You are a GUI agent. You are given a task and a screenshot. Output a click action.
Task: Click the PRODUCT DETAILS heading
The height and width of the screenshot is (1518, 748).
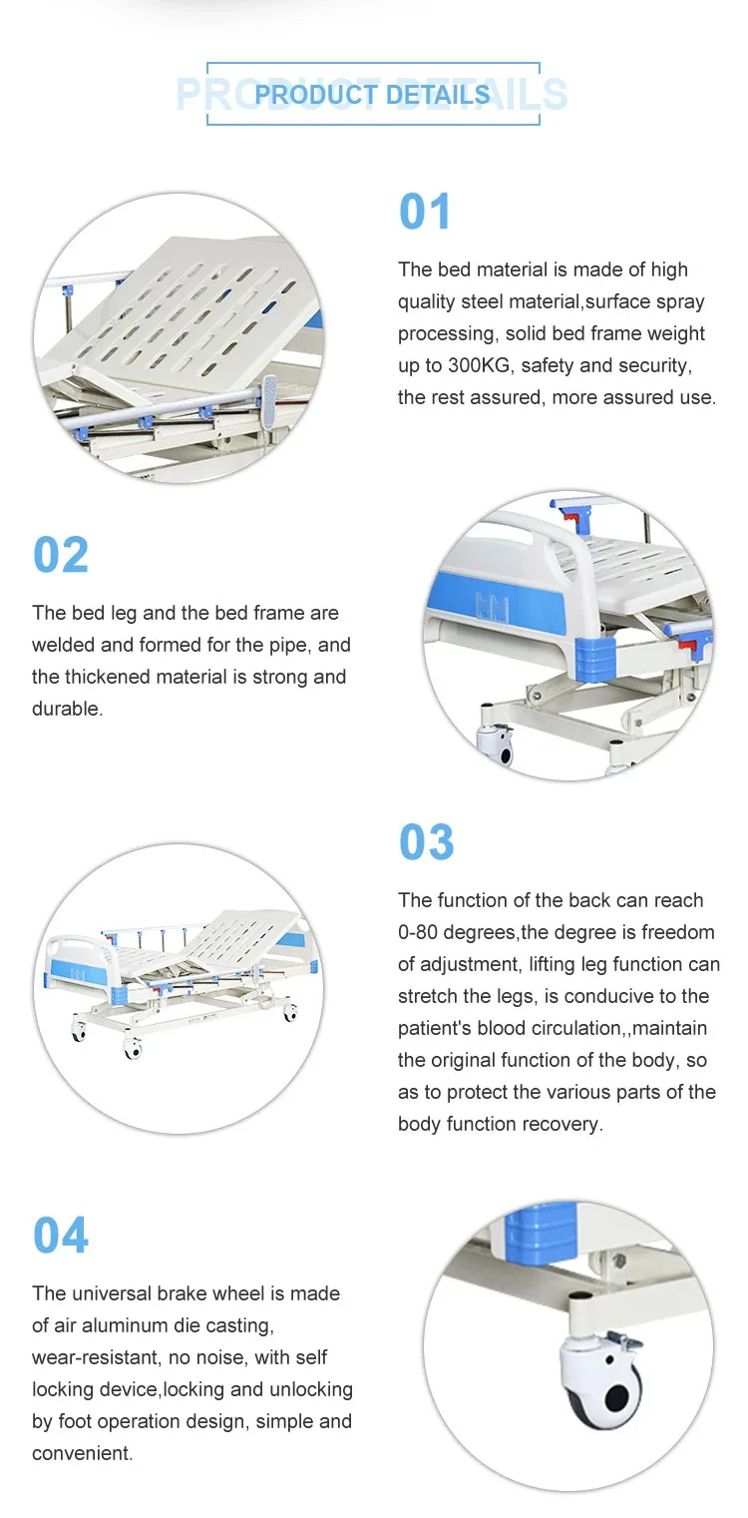(x=372, y=95)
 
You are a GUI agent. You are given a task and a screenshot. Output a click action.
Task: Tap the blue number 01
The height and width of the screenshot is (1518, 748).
(x=425, y=212)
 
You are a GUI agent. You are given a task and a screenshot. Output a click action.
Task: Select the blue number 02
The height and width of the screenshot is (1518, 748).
(x=60, y=555)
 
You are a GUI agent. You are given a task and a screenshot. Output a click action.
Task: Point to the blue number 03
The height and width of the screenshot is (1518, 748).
(x=426, y=842)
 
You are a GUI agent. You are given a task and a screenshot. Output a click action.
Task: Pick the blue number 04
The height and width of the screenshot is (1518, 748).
(x=60, y=1236)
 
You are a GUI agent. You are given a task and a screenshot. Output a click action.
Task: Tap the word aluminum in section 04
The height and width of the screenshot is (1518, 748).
(x=112, y=1325)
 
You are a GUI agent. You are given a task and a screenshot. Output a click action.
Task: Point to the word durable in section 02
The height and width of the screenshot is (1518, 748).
(x=65, y=709)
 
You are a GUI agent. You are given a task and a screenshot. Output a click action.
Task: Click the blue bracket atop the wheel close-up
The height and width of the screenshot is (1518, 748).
(x=540, y=1232)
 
